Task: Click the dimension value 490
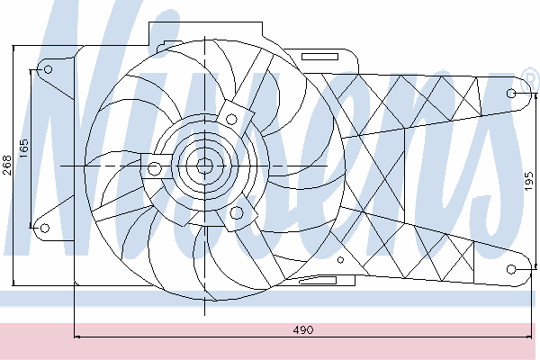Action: (x=303, y=330)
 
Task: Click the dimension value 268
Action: (x=7, y=165)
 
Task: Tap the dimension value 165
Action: (x=23, y=148)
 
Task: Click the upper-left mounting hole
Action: (x=49, y=69)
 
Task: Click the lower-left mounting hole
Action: (x=45, y=228)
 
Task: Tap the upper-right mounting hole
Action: (x=511, y=94)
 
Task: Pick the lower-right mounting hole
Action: (x=511, y=269)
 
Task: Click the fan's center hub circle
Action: (x=205, y=166)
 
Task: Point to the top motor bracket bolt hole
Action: (x=231, y=120)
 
